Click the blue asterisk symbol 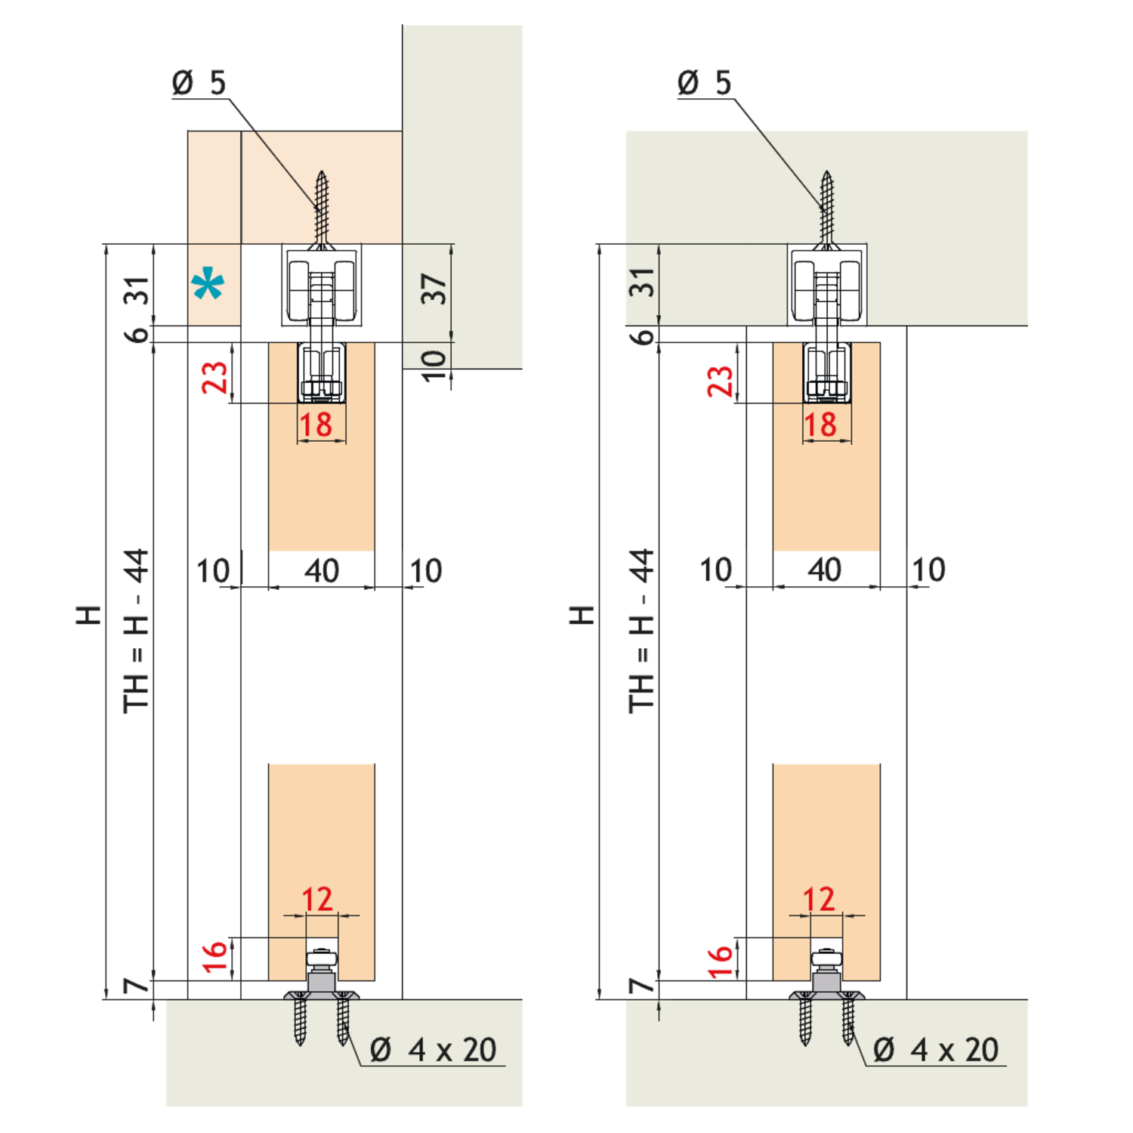coord(208,285)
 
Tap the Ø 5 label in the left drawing coord(199,82)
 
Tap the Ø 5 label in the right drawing coord(704,82)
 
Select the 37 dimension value coord(434,289)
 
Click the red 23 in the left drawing coord(215,378)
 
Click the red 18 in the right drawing coord(820,424)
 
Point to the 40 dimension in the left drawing coord(322,571)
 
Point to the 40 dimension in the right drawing coord(824,570)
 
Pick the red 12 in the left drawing coord(317,899)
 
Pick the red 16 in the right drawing coord(720,961)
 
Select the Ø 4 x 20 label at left coord(433,1050)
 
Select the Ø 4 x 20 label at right coord(936,1050)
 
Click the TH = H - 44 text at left coord(137,631)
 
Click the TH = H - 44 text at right coord(641,631)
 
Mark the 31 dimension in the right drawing coord(643,282)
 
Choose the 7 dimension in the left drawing coord(137,986)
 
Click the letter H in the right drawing coord(582,615)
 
